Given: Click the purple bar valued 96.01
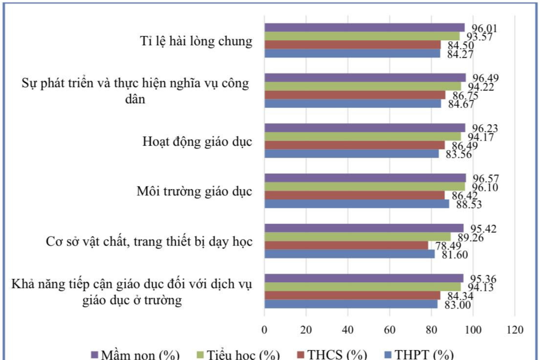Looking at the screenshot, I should [364, 28].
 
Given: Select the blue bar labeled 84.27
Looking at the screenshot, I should [352, 53].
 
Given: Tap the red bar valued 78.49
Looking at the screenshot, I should [346, 245].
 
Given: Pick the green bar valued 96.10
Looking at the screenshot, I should [364, 187].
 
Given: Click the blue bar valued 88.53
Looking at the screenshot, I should [357, 204].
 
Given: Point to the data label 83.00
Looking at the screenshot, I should [457, 305].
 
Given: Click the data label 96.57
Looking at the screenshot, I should [486, 179].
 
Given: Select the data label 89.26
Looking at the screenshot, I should [470, 238].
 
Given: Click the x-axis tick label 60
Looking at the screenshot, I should [389, 330].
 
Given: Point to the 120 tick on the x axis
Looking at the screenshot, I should [515, 330].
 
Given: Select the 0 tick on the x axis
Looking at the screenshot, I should [264, 330].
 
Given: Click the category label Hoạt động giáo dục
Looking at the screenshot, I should [197, 142].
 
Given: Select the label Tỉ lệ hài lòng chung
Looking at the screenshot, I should [196, 41].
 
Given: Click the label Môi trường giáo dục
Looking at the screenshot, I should [194, 191].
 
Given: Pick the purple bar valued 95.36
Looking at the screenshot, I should [364, 278].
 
